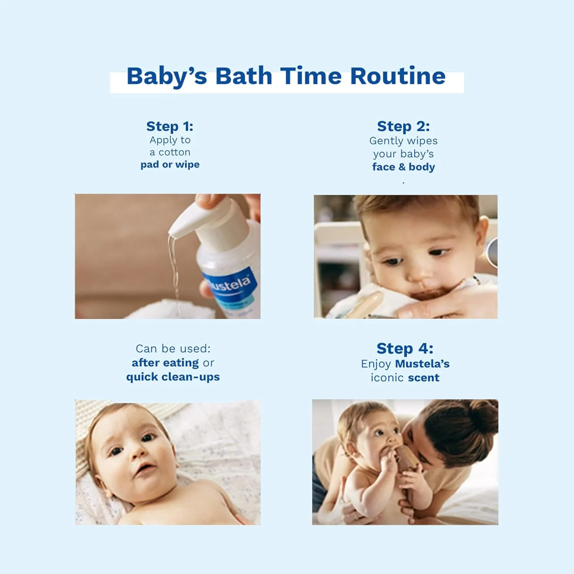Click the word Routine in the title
pyautogui.click(x=398, y=76)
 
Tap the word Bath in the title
pyautogui.click(x=244, y=76)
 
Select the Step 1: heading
pyautogui.click(x=170, y=126)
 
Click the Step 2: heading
pyautogui.click(x=403, y=126)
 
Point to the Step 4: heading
pyautogui.click(x=405, y=349)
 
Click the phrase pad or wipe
pyautogui.click(x=170, y=165)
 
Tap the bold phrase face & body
pyautogui.click(x=404, y=167)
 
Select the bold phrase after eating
pyautogui.click(x=165, y=363)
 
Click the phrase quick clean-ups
pyautogui.click(x=173, y=377)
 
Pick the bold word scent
pyautogui.click(x=424, y=378)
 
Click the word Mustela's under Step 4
pyautogui.click(x=422, y=364)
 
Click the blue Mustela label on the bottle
pyautogui.click(x=230, y=287)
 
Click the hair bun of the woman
pyautogui.click(x=484, y=415)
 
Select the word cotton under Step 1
pyautogui.click(x=174, y=152)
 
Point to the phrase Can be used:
pyautogui.click(x=173, y=349)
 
